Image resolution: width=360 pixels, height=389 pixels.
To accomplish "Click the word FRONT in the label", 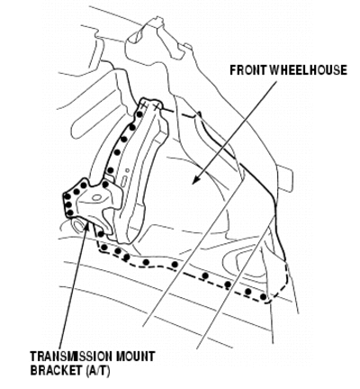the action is (249, 70).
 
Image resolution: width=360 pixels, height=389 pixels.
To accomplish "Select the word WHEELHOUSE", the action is (309, 70).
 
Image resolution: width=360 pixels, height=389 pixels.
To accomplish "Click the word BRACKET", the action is (56, 370).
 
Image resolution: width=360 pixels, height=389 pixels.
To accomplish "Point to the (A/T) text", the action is (98, 370).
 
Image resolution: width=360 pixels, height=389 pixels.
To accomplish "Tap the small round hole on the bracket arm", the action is (128, 170).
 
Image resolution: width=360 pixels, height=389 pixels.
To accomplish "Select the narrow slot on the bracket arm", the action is (123, 182).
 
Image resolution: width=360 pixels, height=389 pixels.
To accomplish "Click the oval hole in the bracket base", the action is (96, 197).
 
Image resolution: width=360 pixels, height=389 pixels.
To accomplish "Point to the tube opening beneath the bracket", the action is (78, 225).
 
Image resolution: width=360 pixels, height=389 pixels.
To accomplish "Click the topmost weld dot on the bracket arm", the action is (139, 114).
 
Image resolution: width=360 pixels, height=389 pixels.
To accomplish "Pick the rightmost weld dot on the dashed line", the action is (263, 297).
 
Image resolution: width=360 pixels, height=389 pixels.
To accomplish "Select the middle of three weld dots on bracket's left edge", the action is (67, 204).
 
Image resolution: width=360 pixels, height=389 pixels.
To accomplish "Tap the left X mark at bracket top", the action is (145, 105).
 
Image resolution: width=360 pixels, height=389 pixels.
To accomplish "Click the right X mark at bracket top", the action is (156, 106).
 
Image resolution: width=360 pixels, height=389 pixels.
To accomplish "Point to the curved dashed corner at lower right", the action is (281, 290).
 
